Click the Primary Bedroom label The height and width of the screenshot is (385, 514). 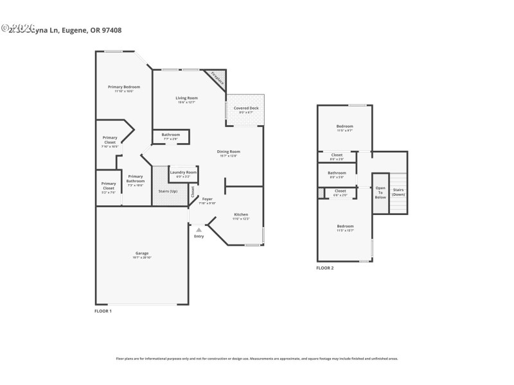[x=124, y=87]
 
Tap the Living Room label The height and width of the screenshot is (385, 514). [x=186, y=98]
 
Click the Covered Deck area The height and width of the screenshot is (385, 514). [x=245, y=108]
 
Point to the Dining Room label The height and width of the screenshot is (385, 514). [x=229, y=151]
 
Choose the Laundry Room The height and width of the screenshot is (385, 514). [x=182, y=173]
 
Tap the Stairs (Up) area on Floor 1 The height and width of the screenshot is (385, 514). [x=168, y=191]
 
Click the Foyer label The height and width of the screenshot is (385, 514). [x=208, y=199]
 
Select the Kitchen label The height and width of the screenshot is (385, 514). [x=241, y=214]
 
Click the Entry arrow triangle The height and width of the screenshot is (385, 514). [x=199, y=230]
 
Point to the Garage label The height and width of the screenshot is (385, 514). [x=141, y=253]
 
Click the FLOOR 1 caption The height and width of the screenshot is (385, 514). [x=103, y=311]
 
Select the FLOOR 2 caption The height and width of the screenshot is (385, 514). [x=324, y=268]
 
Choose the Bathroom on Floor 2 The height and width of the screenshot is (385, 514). [x=337, y=173]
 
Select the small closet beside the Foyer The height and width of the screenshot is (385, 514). [x=193, y=191]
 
